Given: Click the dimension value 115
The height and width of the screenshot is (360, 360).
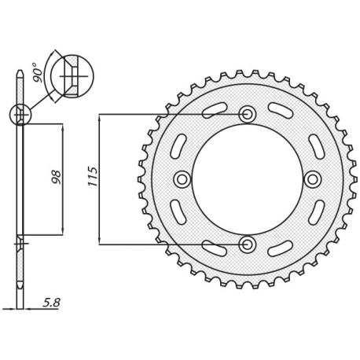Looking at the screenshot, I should pyautogui.click(x=93, y=176).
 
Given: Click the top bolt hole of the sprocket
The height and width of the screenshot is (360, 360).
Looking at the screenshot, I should pyautogui.click(x=247, y=114).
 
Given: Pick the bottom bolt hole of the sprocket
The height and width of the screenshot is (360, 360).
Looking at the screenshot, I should pyautogui.click(x=247, y=244).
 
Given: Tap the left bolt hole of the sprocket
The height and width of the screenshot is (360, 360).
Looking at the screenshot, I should pyautogui.click(x=182, y=179).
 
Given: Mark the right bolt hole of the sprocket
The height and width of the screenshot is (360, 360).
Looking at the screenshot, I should pyautogui.click(x=312, y=179).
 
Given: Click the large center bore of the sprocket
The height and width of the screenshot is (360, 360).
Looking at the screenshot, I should pyautogui.click(x=247, y=179).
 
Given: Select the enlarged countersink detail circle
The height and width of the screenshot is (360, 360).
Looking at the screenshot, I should pyautogui.click(x=72, y=76).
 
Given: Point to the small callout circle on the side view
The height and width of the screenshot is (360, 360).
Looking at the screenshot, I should pyautogui.click(x=20, y=115).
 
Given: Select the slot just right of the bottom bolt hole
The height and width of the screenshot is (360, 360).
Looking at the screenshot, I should pyautogui.click(x=280, y=248).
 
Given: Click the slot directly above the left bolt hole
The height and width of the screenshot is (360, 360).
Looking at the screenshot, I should pyautogui.click(x=178, y=146).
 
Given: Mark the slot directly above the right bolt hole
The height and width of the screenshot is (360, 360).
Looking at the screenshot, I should pyautogui.click(x=316, y=146).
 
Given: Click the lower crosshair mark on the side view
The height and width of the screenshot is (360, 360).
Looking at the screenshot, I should pyautogui.click(x=20, y=244).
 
